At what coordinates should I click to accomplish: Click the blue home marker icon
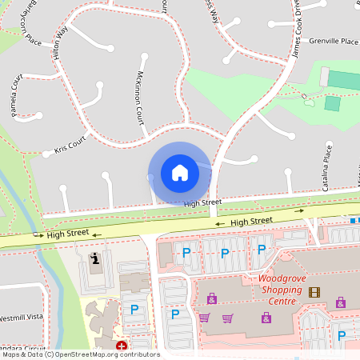179,172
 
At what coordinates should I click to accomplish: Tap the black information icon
96,258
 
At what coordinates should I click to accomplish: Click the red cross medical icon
121,346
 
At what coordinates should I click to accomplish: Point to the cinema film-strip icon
314,292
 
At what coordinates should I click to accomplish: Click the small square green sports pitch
332,103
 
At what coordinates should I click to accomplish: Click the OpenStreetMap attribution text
80,354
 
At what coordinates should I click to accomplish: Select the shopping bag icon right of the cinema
341,302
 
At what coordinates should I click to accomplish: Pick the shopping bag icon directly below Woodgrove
266,318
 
